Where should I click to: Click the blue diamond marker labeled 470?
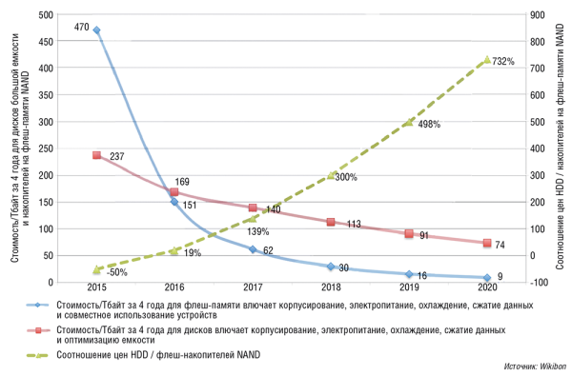tap(96, 30)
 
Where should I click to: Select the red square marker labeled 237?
tap(96, 155)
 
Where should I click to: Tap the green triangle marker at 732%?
tap(487, 60)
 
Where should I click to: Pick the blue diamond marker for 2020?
tap(487, 277)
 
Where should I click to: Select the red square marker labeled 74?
tap(487, 243)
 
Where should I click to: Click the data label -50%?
tap(116, 272)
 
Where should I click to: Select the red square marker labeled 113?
tap(331, 222)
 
